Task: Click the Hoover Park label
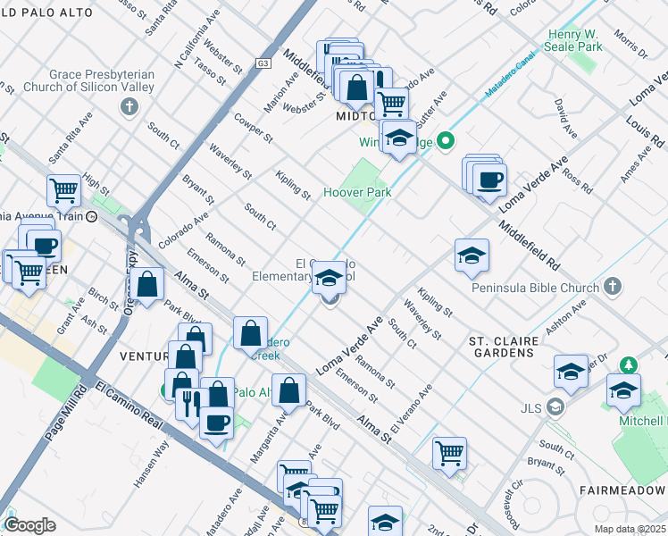coord(357,192)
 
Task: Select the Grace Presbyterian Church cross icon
coord(129,107)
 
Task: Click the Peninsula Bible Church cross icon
coord(611,287)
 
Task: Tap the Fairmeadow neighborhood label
coord(622,491)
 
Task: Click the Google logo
coord(29,525)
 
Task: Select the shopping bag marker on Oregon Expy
coord(149,285)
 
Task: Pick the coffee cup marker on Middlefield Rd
coord(488,180)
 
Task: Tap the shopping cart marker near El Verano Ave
coord(449,451)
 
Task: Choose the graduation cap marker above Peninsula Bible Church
coord(472,256)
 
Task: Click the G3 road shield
coord(263,63)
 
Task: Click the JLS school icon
coord(555,408)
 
